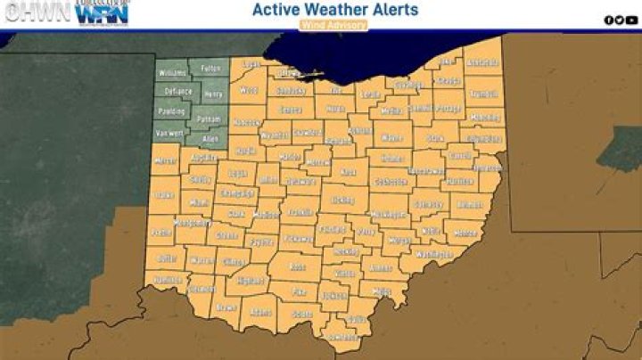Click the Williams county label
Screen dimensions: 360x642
[171, 72]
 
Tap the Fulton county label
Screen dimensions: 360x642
[210, 68]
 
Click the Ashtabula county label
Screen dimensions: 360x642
[483, 63]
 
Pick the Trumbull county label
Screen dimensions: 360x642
[482, 93]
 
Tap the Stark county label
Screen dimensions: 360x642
[434, 139]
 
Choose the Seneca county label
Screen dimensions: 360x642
[291, 110]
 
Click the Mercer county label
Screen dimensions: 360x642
[166, 162]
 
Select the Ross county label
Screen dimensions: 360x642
[297, 266]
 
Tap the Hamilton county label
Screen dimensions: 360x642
[168, 279]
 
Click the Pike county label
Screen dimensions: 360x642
[300, 291]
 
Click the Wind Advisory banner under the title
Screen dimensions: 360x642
[334, 26]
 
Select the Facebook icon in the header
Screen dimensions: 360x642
[609, 20]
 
